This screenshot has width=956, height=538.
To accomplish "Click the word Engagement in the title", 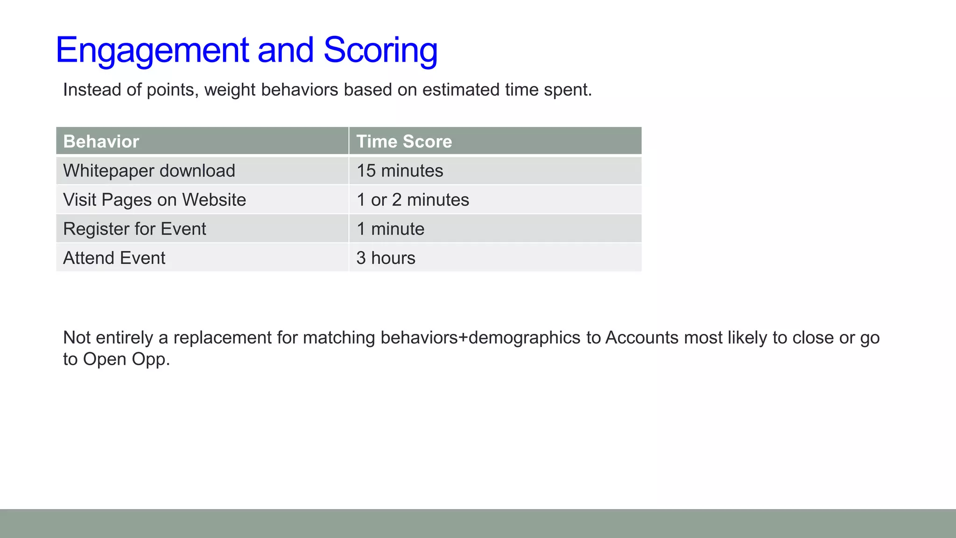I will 152,50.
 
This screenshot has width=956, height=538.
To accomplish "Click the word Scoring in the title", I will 380,50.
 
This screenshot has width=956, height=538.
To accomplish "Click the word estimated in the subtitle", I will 460,90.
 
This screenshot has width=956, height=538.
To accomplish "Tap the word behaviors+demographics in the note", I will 480,338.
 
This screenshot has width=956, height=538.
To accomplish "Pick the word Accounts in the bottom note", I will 642,338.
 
